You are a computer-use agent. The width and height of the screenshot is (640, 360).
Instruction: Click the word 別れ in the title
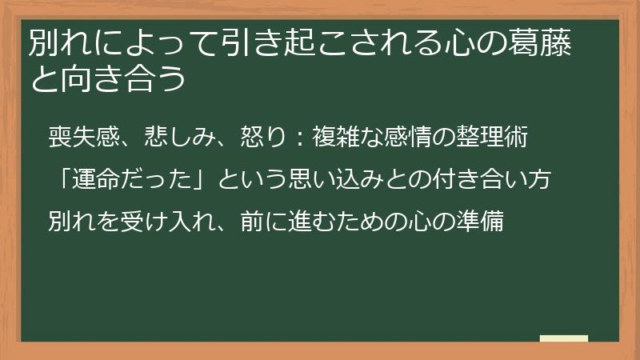[58, 46]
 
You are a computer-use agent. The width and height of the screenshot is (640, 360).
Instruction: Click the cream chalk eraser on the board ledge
[563, 339]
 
